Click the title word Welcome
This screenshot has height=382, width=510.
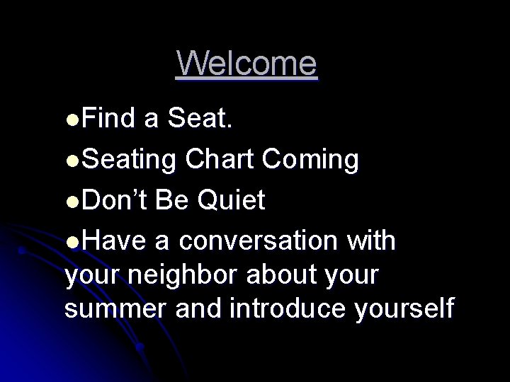click(x=247, y=64)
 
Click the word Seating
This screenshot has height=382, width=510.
click(x=130, y=161)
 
